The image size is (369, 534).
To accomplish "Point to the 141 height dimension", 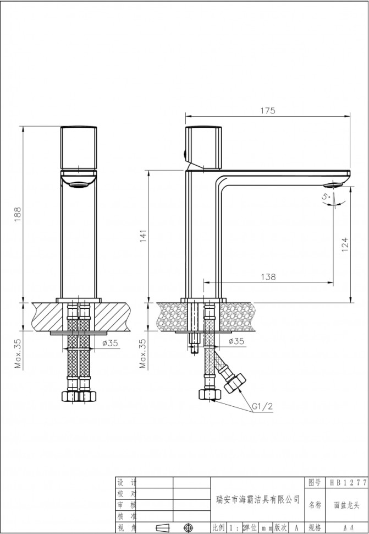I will [x=143, y=235].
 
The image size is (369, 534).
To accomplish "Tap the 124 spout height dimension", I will [x=345, y=244].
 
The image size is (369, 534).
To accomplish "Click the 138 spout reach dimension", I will [x=268, y=277].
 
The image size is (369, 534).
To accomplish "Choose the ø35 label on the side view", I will [x=236, y=341].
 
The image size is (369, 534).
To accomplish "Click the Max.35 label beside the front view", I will [x=18, y=353].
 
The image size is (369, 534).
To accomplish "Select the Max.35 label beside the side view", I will [x=143, y=353].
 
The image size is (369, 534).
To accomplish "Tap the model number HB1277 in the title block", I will [x=348, y=483].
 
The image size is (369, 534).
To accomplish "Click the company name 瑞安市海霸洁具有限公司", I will [x=257, y=499].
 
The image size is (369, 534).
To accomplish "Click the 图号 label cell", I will [x=314, y=483].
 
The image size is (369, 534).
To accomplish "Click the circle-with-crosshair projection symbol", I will [x=189, y=527].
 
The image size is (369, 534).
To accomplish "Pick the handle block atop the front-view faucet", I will [x=79, y=147].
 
